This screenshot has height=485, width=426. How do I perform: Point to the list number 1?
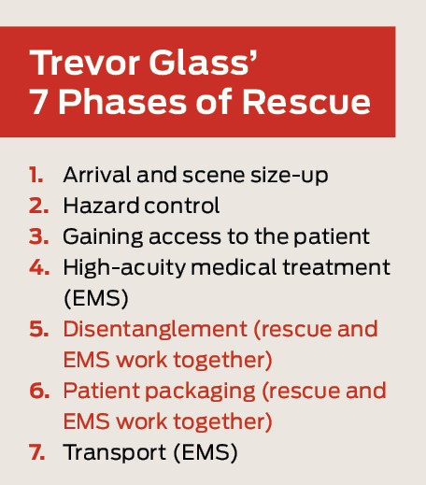click(35, 175)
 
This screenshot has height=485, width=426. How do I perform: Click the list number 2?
click(35, 205)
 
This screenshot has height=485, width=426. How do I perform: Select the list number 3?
click(35, 235)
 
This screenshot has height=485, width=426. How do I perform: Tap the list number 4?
click(35, 266)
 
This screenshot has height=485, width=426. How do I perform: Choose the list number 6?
click(35, 391)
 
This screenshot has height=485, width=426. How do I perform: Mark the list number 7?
click(35, 453)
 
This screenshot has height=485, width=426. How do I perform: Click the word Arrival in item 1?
click(93, 175)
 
